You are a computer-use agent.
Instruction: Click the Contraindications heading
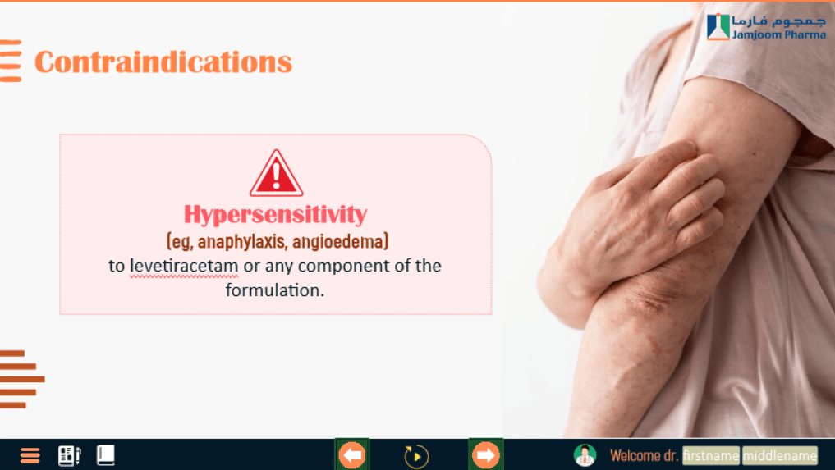(x=163, y=62)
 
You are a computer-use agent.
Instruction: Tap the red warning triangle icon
(x=276, y=174)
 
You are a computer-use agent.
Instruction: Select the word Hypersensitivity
(x=275, y=215)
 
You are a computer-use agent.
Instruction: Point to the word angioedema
(x=337, y=242)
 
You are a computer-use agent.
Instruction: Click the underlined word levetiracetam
(x=184, y=266)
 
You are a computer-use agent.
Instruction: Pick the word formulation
(x=275, y=290)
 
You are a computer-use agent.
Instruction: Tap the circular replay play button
(x=416, y=456)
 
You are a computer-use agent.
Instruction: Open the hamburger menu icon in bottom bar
(x=30, y=455)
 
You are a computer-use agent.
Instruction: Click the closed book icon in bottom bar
(x=105, y=455)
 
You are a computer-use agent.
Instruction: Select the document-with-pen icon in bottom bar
(x=69, y=455)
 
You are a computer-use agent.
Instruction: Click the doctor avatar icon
(x=585, y=455)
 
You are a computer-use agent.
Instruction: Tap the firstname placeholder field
(x=711, y=455)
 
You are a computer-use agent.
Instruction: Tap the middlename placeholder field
(x=780, y=455)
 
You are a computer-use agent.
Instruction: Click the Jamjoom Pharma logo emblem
(x=718, y=26)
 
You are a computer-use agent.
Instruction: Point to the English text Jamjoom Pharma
(x=778, y=34)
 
